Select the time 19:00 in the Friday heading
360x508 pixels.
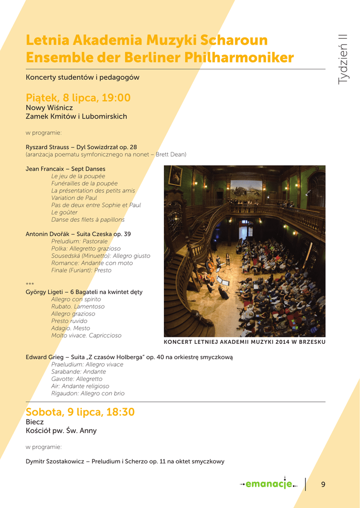(x=116, y=98)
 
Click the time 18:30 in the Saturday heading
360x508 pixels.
(x=120, y=412)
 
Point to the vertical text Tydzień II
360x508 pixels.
(x=343, y=59)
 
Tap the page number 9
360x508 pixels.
(x=323, y=484)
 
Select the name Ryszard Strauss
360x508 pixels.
(x=47, y=147)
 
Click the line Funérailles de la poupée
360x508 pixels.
(x=84, y=184)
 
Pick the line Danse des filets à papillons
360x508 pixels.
(x=88, y=220)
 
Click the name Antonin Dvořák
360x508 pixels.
(x=47, y=234)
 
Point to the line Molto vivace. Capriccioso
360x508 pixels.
(x=86, y=336)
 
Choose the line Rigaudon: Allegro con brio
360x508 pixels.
(x=88, y=393)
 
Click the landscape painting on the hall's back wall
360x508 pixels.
(x=246, y=190)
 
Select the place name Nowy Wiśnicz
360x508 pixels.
(x=49, y=108)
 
